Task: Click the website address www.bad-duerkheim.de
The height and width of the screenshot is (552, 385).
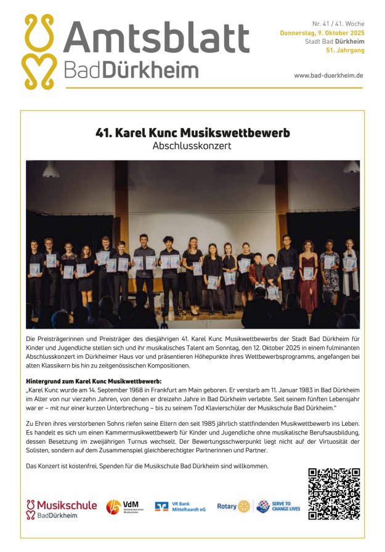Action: pos(328,75)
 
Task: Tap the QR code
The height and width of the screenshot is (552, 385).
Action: pos(333,494)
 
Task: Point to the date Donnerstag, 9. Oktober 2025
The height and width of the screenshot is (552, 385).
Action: pos(322,33)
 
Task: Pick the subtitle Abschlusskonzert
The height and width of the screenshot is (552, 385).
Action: pos(192,146)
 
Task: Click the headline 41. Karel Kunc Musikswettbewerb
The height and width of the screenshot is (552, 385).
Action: pos(192,132)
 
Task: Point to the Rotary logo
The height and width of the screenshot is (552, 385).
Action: pos(233,506)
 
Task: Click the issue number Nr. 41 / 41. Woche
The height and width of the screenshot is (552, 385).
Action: pos(338,23)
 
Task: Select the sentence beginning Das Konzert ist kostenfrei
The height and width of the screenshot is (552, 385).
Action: pos(148,466)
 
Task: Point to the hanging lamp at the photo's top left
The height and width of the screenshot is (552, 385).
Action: pos(51,169)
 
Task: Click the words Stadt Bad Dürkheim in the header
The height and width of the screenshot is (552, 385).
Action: pos(334,42)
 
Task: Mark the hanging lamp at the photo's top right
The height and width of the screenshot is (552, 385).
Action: pos(351,167)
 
